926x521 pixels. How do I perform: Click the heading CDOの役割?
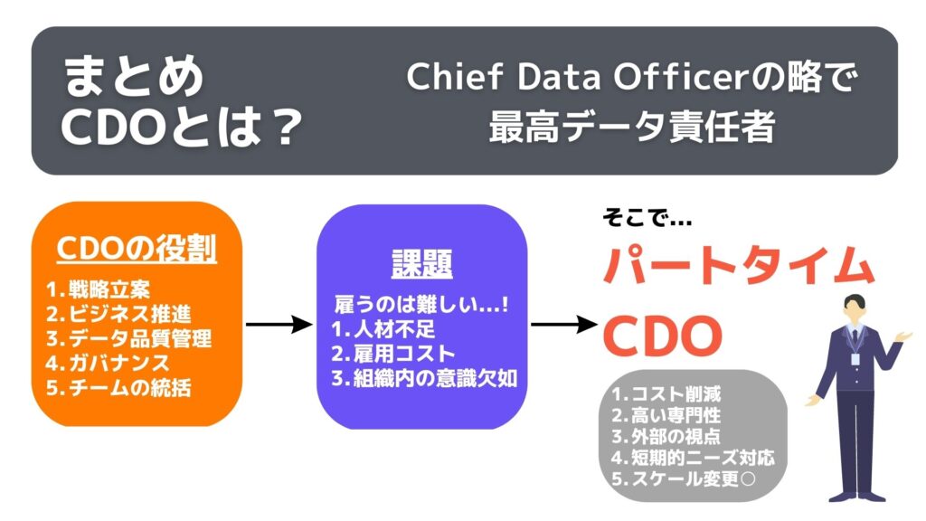click(x=137, y=249)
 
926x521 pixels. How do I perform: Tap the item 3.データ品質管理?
click(x=128, y=339)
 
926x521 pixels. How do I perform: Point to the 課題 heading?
click(x=421, y=262)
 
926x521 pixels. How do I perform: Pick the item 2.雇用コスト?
click(x=393, y=353)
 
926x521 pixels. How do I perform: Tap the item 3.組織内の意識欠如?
click(x=423, y=378)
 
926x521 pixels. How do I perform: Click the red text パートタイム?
click(x=738, y=266)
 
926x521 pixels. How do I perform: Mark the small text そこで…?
click(x=646, y=218)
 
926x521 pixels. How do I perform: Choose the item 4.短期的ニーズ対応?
click(x=693, y=458)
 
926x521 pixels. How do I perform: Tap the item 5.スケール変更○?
click(x=684, y=479)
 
